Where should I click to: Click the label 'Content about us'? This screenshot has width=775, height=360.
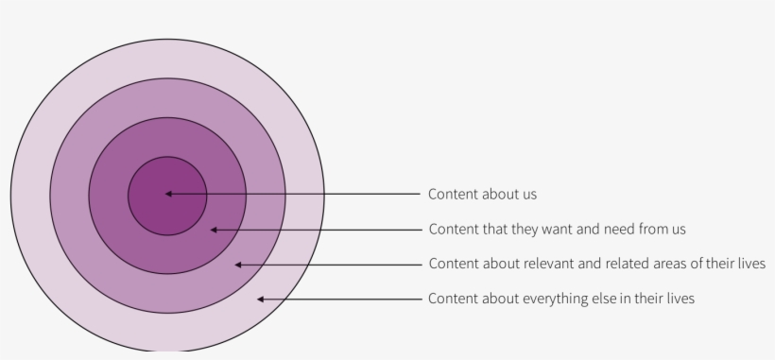coord(482,194)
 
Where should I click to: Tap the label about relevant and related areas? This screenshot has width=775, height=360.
coord(596,264)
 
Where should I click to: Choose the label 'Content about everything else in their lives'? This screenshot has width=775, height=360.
coord(561,299)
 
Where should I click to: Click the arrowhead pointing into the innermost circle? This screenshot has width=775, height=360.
coord(168,194)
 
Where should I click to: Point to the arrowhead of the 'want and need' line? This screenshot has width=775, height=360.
coord(215,230)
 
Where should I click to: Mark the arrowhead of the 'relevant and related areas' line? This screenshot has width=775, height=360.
coord(239,265)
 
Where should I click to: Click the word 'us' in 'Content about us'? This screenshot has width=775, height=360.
coord(528,194)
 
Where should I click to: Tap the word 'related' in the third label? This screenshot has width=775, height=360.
coord(628,264)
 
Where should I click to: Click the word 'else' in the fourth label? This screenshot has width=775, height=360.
coord(604,299)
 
